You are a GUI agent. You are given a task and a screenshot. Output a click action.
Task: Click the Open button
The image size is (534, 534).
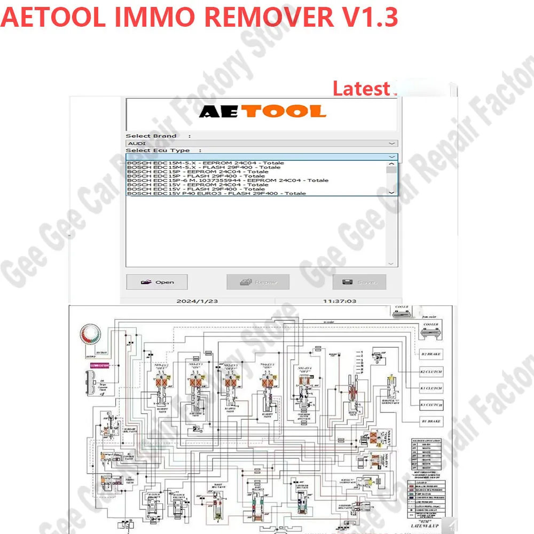coord(157,282)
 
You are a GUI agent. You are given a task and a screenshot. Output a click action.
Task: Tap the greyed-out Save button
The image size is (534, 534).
coord(359,282)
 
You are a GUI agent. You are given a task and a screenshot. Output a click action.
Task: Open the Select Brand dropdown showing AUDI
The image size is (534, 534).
coord(262,143)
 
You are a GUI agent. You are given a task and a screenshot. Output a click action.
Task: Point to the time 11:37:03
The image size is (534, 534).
coord(339,301)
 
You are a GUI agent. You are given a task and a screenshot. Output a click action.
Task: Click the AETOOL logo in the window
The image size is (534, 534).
coord(262,111)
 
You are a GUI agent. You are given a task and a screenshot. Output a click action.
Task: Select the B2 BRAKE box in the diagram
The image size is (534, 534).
coord(431,354)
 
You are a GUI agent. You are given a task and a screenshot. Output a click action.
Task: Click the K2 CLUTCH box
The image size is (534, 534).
coord(431,371)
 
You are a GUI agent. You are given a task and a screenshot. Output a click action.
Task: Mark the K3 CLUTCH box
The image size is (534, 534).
coord(431,405)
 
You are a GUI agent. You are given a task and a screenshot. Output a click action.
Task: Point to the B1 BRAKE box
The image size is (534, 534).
coord(431,421)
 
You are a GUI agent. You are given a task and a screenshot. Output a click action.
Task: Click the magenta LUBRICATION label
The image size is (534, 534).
coord(100,366)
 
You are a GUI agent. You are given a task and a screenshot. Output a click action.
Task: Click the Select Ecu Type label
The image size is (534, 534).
coord(158,151)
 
